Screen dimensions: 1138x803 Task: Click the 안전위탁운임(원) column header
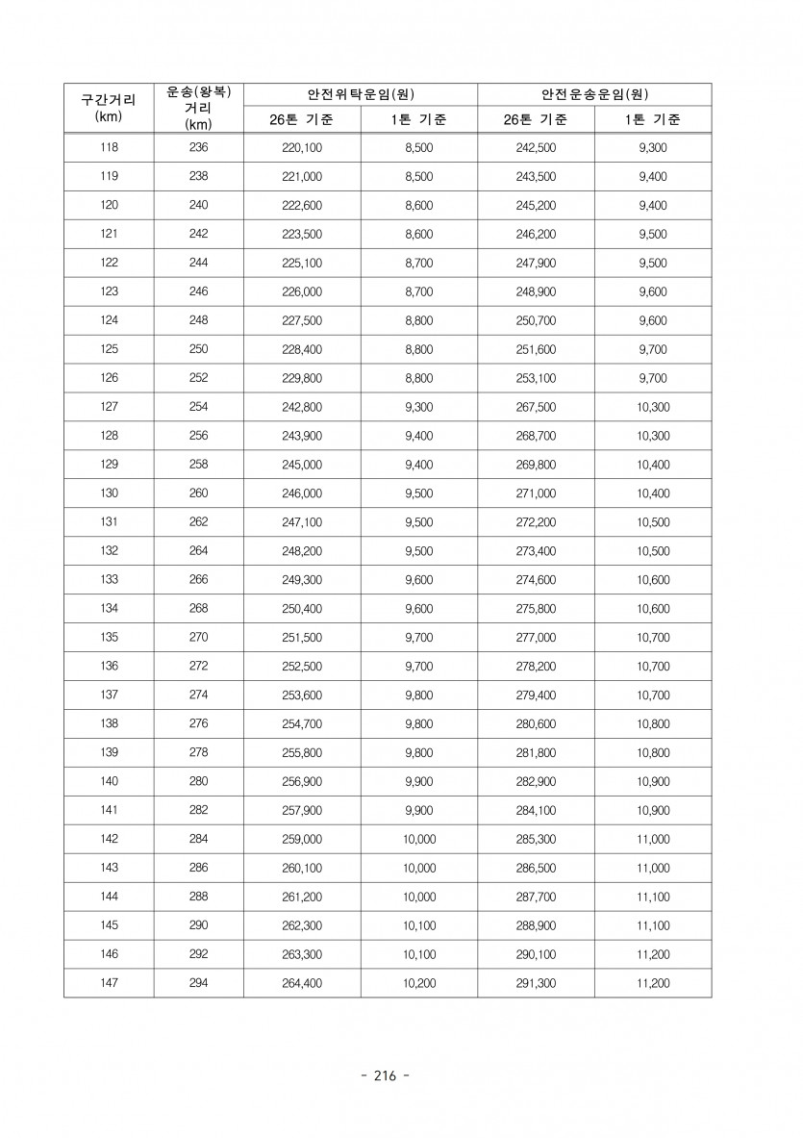[x=360, y=94]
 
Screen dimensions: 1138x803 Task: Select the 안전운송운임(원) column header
[x=593, y=94]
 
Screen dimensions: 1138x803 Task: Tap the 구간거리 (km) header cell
[x=109, y=108]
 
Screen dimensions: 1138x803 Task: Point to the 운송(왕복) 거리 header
[x=199, y=108]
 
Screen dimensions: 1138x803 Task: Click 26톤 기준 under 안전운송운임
[x=536, y=120]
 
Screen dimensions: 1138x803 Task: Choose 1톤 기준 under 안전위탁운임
[x=418, y=120]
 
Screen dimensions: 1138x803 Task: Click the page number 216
[x=384, y=1075]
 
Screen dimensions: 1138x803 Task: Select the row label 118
[x=109, y=148]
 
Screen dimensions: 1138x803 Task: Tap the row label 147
[x=109, y=983]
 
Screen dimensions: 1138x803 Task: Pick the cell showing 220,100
[x=302, y=148]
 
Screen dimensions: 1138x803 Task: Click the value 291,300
[x=536, y=983]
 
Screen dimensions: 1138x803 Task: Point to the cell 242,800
[x=302, y=407]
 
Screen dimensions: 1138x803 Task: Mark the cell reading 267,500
[x=536, y=407]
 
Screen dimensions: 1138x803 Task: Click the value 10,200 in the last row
[x=418, y=983]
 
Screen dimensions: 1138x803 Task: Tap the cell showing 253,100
[x=536, y=378]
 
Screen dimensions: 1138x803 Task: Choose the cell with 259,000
[x=302, y=839]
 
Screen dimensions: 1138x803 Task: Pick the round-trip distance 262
[x=199, y=522]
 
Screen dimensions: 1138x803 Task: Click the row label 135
[x=109, y=637]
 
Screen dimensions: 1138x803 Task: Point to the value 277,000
[x=536, y=637]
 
